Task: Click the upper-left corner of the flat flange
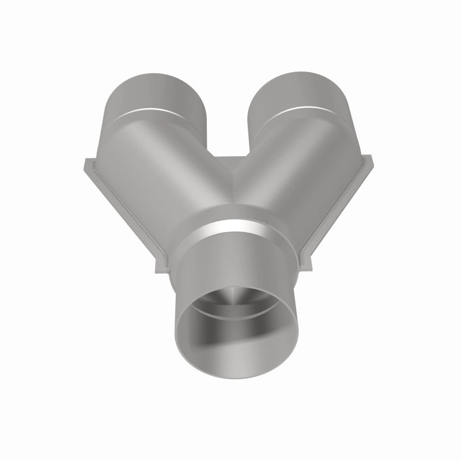(84, 161)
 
